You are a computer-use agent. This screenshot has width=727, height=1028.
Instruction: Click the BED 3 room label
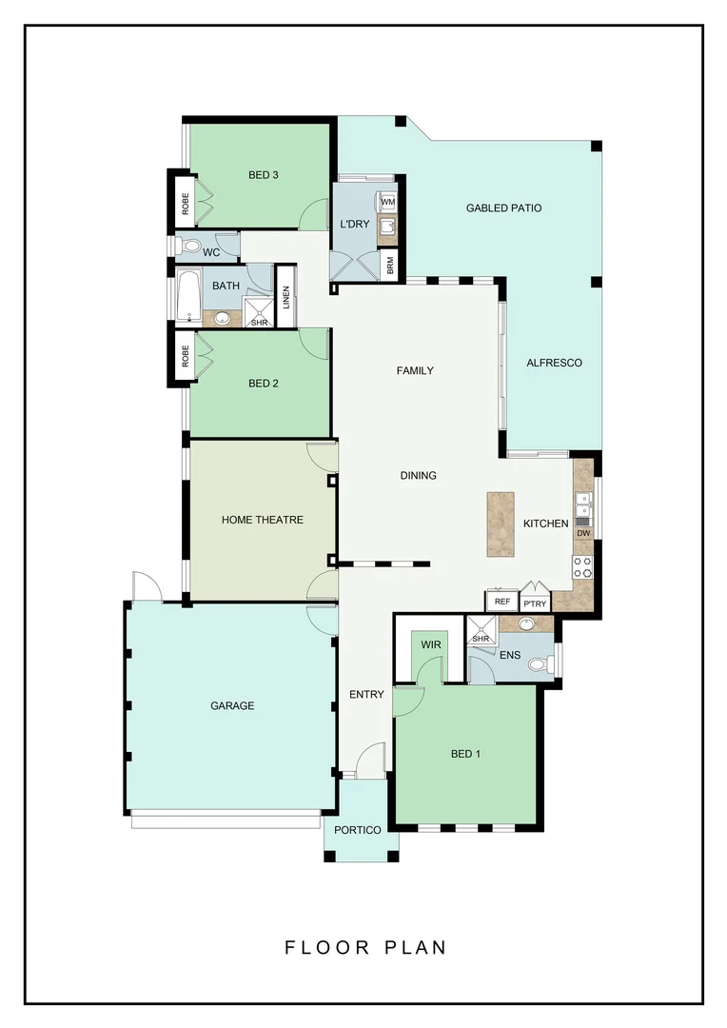tap(263, 174)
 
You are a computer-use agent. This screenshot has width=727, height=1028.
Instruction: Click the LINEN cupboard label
tap(285, 298)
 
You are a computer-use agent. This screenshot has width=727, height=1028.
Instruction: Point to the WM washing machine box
tap(388, 203)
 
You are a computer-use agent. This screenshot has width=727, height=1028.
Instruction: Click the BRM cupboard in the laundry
tap(389, 265)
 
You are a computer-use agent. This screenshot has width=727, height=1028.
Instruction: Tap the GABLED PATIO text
tap(503, 208)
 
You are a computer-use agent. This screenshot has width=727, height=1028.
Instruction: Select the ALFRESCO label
tap(554, 363)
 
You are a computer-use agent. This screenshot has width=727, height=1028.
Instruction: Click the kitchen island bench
tap(501, 524)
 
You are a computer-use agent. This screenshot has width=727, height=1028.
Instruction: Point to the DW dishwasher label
tap(583, 534)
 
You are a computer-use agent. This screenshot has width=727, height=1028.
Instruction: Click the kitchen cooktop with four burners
tap(582, 567)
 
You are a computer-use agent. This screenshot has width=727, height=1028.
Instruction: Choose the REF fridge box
tap(501, 602)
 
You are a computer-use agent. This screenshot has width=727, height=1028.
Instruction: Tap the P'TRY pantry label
tap(534, 603)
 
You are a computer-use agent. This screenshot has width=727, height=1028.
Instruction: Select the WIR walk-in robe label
tap(431, 644)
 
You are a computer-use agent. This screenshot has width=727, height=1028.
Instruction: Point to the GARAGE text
tap(232, 705)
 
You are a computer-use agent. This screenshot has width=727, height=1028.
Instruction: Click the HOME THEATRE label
tap(263, 520)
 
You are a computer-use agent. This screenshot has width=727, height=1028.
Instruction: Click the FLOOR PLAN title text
tap(365, 947)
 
